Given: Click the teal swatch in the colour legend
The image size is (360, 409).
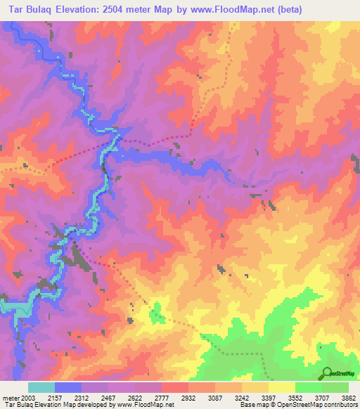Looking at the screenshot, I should (x=41, y=388).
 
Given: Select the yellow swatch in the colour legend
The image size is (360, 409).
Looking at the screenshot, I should (x=282, y=388).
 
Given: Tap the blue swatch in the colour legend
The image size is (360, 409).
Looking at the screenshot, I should (x=68, y=388).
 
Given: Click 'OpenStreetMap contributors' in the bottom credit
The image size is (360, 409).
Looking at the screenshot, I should (x=322, y=405).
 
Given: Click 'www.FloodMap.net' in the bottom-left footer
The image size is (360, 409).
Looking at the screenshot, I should (x=145, y=405).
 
